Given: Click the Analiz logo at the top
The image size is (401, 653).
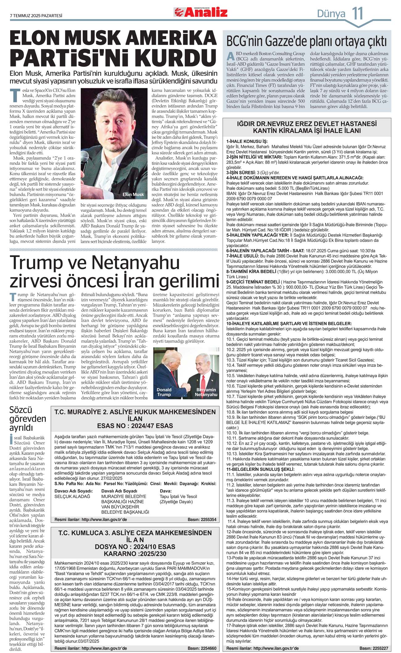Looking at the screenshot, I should [201, 12].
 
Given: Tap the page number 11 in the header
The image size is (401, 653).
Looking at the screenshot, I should [358, 13].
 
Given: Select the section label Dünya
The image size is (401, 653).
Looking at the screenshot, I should [331, 14].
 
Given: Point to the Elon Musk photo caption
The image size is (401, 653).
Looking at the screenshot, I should [133, 194].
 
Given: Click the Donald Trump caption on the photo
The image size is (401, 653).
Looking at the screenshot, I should [164, 392].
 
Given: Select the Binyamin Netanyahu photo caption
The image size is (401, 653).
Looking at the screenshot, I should [206, 392].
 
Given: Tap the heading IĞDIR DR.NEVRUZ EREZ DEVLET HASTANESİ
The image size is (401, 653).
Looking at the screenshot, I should [307, 124].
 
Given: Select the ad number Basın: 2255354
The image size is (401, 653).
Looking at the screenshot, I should [202, 520].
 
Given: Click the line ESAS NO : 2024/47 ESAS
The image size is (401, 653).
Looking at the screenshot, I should [135, 426].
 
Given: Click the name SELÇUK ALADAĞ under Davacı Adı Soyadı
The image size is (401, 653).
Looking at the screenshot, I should [72, 496].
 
